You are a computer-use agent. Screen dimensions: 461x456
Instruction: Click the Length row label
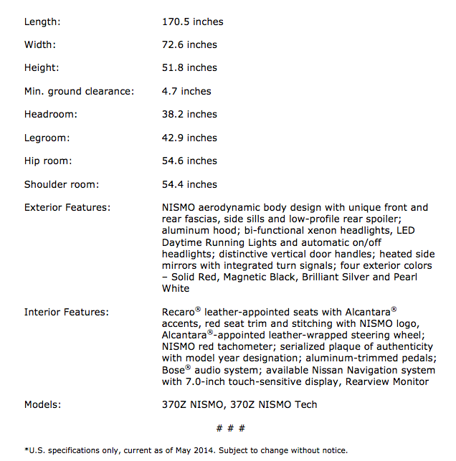click(x=42, y=22)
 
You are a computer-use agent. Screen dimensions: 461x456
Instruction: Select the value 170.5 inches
click(x=192, y=22)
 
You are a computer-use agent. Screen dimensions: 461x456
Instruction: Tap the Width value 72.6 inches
click(x=189, y=44)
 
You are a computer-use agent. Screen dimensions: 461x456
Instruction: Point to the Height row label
click(x=42, y=68)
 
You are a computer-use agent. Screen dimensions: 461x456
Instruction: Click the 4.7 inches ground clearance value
click(x=186, y=91)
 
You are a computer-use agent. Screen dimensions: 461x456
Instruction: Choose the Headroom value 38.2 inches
click(x=189, y=114)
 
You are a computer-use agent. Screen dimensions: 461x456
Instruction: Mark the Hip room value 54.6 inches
click(x=189, y=161)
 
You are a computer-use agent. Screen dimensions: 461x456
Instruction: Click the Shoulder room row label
click(x=61, y=184)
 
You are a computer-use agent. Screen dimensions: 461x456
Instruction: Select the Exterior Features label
click(x=67, y=207)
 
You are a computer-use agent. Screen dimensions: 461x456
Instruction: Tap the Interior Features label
click(x=66, y=312)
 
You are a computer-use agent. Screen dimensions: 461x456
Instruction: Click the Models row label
click(x=42, y=404)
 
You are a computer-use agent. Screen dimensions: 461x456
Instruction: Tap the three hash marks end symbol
click(x=231, y=428)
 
